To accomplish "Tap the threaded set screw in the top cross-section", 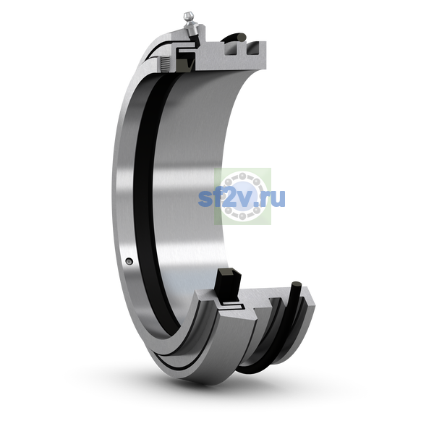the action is coord(166,64).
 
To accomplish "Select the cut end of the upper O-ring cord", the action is coord(242,37).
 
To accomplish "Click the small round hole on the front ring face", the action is coord(129,260).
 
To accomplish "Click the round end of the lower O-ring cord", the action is coord(297,285).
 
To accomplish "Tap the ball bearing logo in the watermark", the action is coord(242,196).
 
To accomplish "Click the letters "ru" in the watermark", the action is coord(273,198).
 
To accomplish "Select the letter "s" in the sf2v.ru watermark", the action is coord(205,199).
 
